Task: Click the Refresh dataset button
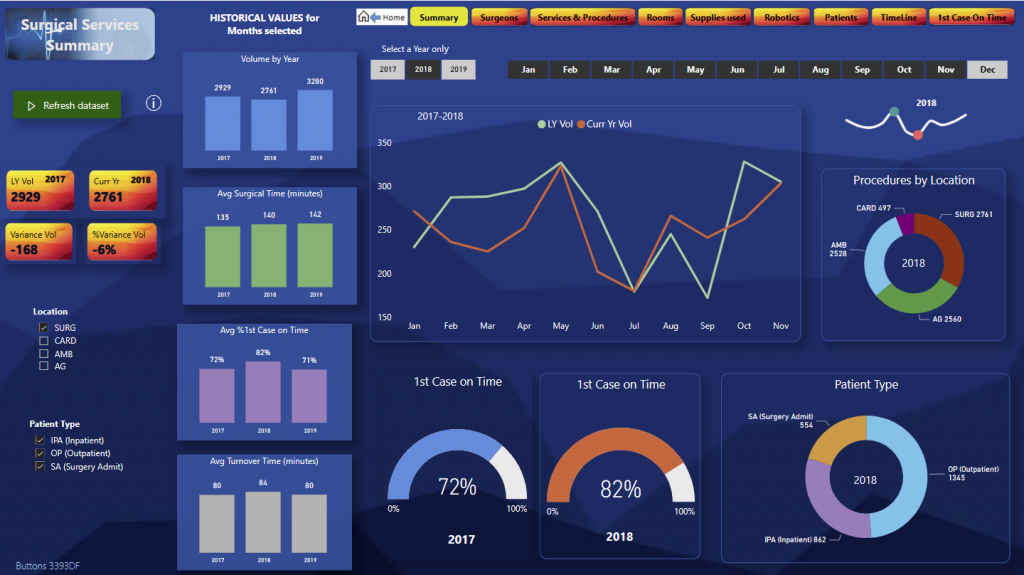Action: [x=67, y=105]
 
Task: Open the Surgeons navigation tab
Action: [x=499, y=17]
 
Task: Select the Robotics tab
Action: [x=781, y=17]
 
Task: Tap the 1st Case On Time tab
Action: [x=969, y=17]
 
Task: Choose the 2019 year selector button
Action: [x=458, y=69]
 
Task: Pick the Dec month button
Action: [x=987, y=69]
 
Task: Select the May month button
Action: [x=695, y=69]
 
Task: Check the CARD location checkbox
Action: [x=43, y=341]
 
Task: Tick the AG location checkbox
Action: [x=43, y=366]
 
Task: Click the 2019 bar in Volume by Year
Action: [x=315, y=120]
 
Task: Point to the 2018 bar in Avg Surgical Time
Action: [x=269, y=255]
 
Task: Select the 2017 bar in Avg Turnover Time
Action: [x=217, y=523]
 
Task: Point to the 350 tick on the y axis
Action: [x=384, y=143]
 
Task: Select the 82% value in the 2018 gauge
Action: [x=620, y=489]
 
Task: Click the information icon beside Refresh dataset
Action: [x=154, y=104]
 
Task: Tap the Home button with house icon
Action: [x=381, y=17]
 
